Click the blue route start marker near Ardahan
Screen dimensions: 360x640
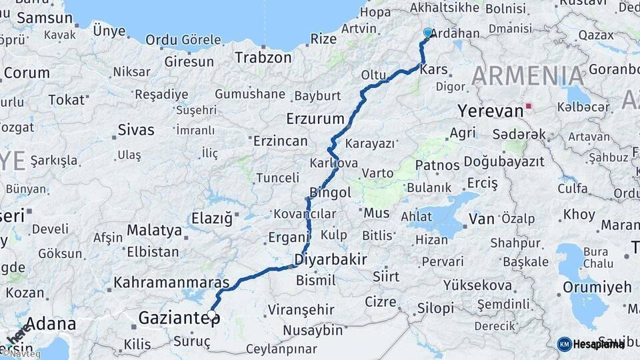[x=428, y=32]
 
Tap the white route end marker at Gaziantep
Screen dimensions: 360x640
[x=212, y=314]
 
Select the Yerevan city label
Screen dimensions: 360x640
[x=491, y=111]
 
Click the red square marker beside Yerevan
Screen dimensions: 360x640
[x=529, y=105]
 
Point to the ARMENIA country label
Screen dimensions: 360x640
[x=528, y=75]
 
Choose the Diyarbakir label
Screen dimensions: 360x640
[x=331, y=259]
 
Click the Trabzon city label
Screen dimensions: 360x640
[x=263, y=57]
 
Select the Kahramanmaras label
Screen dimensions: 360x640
[x=171, y=282]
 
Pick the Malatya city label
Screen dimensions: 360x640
[x=154, y=230]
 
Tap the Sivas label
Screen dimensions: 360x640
[x=135, y=129]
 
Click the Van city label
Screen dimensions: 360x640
[x=481, y=219]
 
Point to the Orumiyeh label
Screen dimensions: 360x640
[x=597, y=287]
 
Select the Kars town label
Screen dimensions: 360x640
[x=434, y=70]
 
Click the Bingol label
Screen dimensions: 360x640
[x=331, y=193]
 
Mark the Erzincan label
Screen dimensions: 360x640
[x=280, y=141]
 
